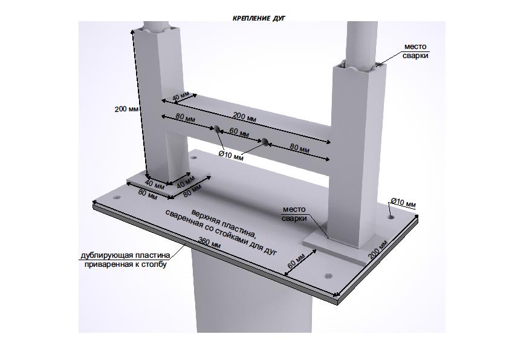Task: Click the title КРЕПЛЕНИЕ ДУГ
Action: click(259, 18)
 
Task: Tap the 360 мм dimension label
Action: click(209, 243)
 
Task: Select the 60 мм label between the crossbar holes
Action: click(239, 132)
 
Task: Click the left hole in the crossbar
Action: click(216, 128)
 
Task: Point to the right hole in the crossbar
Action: click(265, 142)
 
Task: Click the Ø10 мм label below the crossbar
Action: click(231, 155)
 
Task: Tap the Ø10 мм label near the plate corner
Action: click(403, 203)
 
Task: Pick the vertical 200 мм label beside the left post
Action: click(126, 109)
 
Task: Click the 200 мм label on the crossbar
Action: click(245, 117)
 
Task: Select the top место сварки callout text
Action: click(415, 51)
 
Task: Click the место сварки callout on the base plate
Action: click(294, 214)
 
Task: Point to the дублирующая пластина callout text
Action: click(125, 260)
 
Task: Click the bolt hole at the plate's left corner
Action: click(116, 197)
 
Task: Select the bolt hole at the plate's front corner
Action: click(328, 276)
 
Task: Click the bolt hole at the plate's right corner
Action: click(392, 216)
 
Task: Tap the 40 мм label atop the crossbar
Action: click(181, 97)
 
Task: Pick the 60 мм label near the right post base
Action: click(296, 261)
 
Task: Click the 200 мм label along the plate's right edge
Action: click(378, 249)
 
